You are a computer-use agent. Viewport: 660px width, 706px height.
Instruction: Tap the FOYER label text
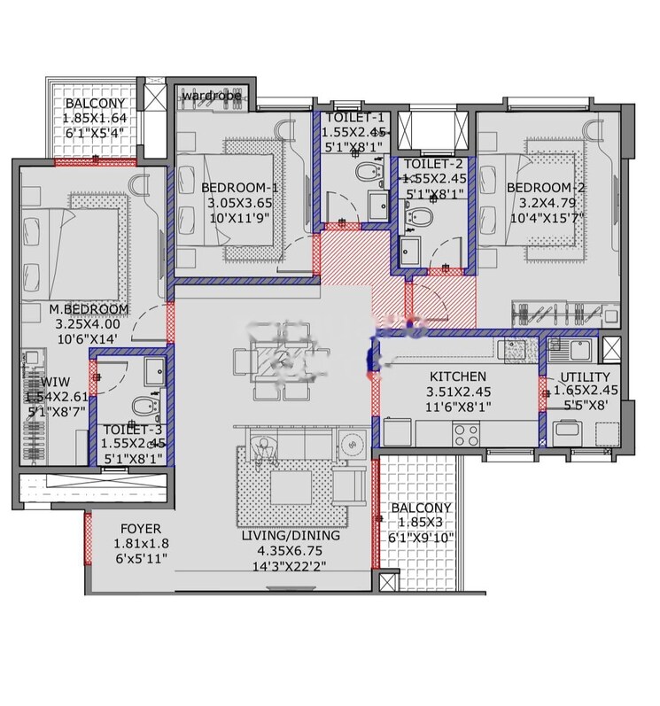pos(139,529)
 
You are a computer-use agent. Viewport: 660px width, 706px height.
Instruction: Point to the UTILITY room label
pos(585,376)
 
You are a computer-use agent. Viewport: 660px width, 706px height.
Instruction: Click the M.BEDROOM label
pos(89,309)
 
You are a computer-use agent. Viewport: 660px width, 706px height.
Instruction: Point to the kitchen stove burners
pos(466,433)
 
